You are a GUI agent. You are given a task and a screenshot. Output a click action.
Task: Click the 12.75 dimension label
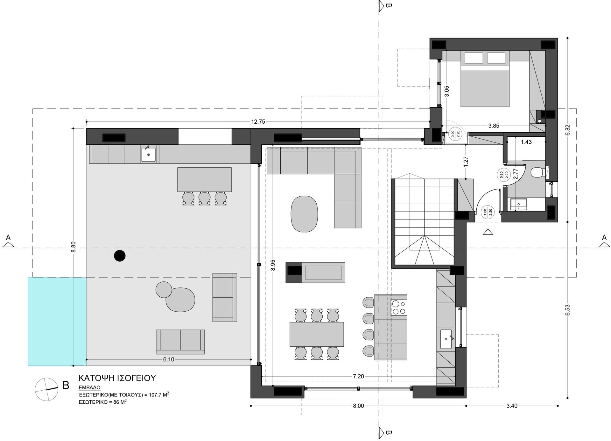258,121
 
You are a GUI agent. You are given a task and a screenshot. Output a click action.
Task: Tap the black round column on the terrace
120,256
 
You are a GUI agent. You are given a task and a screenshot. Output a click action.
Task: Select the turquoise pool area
57,322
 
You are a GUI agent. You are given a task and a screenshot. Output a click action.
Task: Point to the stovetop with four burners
399,307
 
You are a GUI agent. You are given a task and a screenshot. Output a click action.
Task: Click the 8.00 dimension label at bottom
359,406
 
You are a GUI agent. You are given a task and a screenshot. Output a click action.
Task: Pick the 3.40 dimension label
512,406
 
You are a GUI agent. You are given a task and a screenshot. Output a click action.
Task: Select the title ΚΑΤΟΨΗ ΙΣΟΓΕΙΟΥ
117,378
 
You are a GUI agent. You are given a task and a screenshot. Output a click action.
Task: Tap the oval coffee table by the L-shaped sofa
305,214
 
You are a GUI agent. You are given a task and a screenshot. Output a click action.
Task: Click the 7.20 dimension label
358,376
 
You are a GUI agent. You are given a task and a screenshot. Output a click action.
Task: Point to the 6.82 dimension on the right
567,130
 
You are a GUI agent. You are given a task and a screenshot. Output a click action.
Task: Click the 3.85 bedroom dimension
494,126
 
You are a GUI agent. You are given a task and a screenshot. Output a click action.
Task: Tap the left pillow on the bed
474,58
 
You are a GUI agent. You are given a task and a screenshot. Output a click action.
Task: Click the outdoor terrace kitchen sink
149,155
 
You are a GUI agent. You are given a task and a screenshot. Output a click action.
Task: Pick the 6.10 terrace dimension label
169,359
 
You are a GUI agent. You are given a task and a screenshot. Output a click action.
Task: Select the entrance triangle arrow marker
488,232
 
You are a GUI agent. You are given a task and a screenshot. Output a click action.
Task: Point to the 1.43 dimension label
526,142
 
